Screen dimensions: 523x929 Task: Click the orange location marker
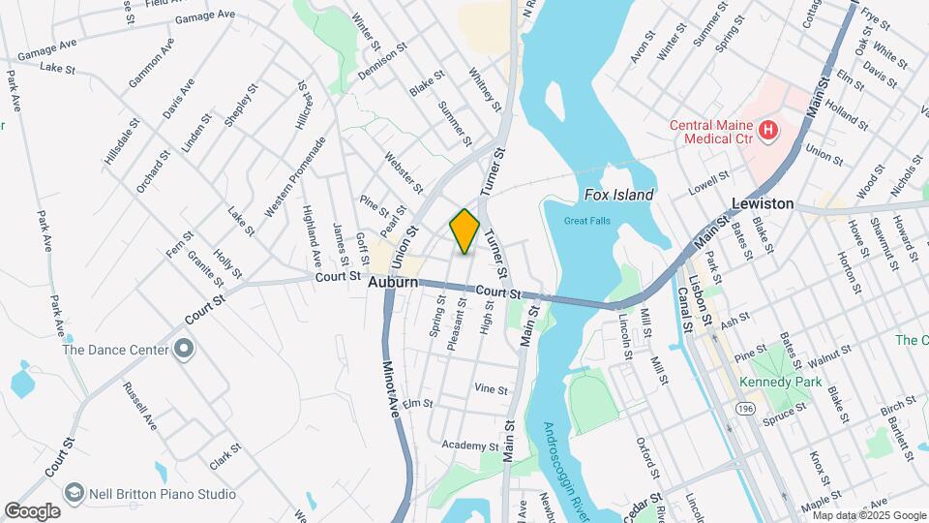coord(464,231)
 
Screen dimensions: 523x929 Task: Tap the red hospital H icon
coord(769,129)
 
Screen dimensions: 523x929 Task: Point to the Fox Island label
coord(619,195)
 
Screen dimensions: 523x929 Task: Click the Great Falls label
coord(587,221)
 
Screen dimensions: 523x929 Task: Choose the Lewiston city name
coord(763,203)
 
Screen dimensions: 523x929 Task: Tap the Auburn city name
coord(392,282)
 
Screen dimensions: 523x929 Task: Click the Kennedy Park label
coord(780,382)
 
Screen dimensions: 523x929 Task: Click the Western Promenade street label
coord(294,175)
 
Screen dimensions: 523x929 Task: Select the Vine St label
coord(491,389)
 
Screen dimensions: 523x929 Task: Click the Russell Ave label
coord(139,406)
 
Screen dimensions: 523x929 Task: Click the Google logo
coord(32,510)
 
